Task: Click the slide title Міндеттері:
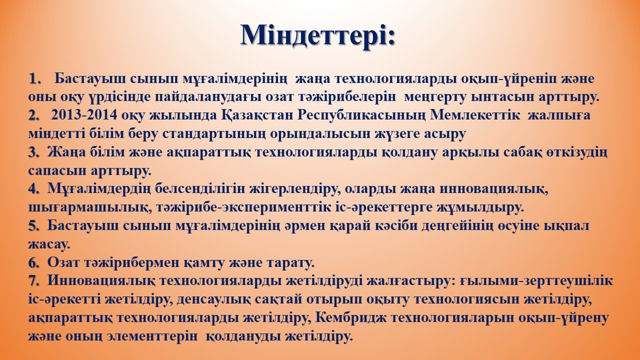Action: coord(317,35)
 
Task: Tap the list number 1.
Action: coord(35,78)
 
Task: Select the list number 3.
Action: coord(34,152)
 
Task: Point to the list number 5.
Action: coord(34,226)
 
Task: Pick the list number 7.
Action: coord(34,281)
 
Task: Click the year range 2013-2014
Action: coord(84,115)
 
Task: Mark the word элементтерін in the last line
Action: coord(152,336)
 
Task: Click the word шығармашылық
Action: coord(90,207)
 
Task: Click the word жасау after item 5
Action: coord(49,245)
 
